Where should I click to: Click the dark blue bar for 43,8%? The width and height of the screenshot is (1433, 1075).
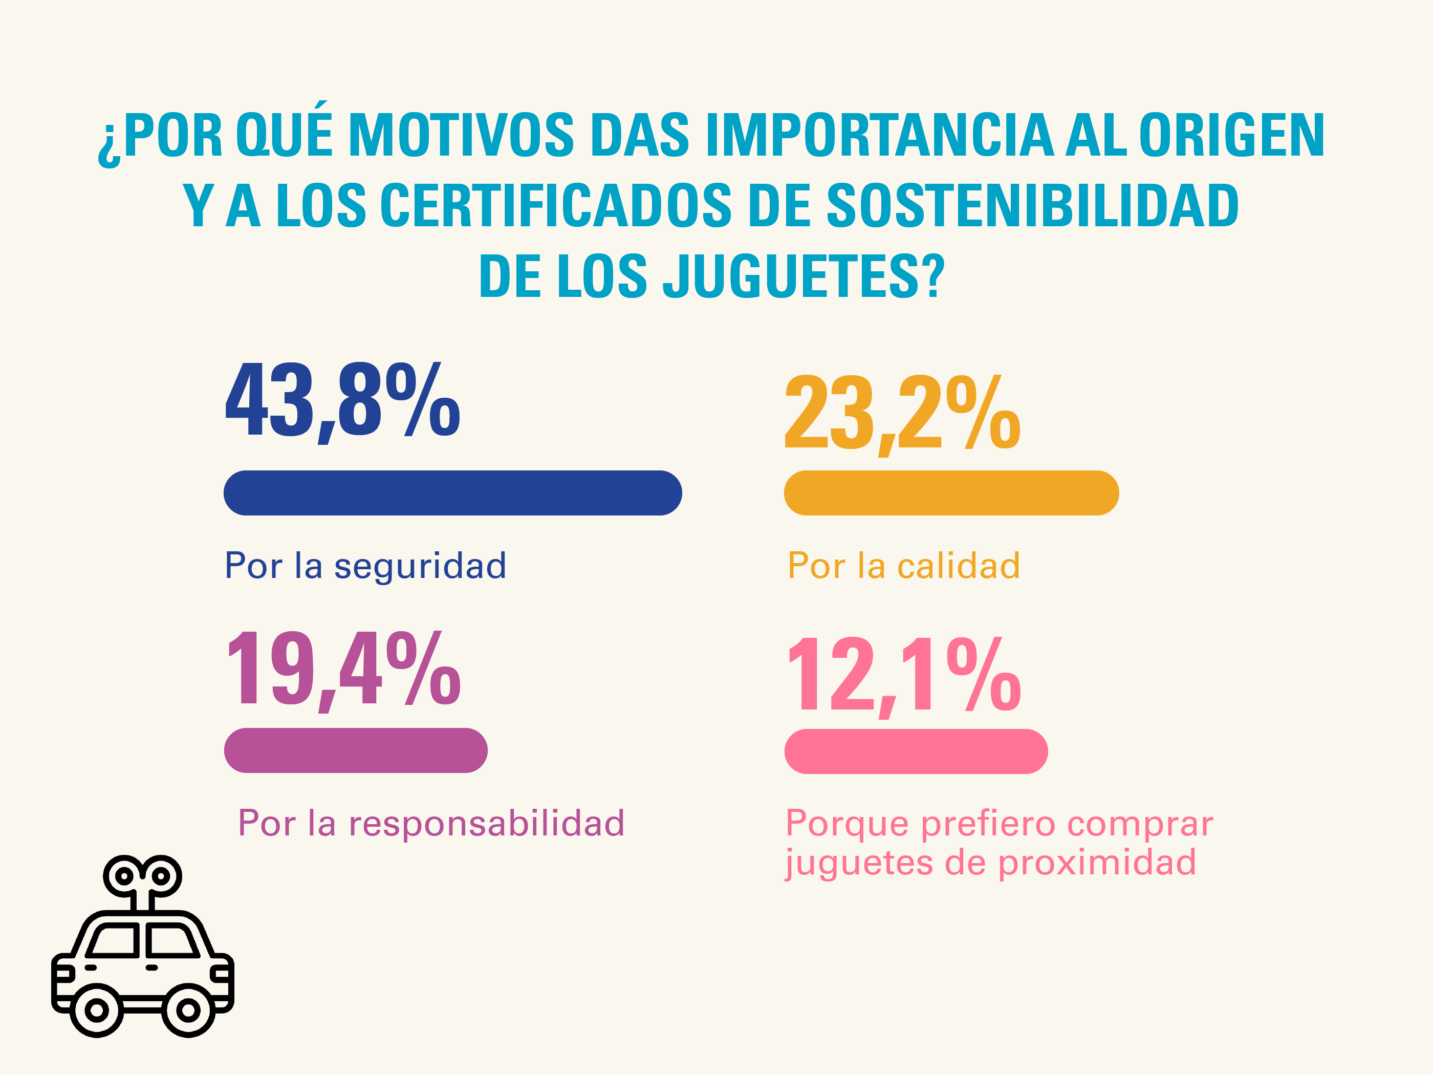click(x=452, y=493)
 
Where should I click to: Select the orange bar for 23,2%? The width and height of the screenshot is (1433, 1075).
click(x=951, y=493)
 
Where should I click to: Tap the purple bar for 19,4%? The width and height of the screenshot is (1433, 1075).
click(x=356, y=750)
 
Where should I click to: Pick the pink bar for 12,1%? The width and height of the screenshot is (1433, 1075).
click(x=916, y=751)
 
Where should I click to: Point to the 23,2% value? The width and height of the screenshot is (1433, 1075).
click(x=902, y=415)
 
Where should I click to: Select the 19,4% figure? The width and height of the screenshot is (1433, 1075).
click(x=343, y=671)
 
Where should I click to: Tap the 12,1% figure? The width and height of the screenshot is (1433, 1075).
click(x=904, y=675)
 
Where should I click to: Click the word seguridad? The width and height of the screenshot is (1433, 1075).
click(x=420, y=566)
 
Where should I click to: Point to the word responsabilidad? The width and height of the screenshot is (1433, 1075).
click(x=487, y=823)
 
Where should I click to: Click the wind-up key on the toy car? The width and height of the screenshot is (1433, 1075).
click(x=142, y=878)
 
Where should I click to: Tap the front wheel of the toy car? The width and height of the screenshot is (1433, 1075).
click(x=188, y=1010)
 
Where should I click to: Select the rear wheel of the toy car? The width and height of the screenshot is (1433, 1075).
click(x=97, y=1010)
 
